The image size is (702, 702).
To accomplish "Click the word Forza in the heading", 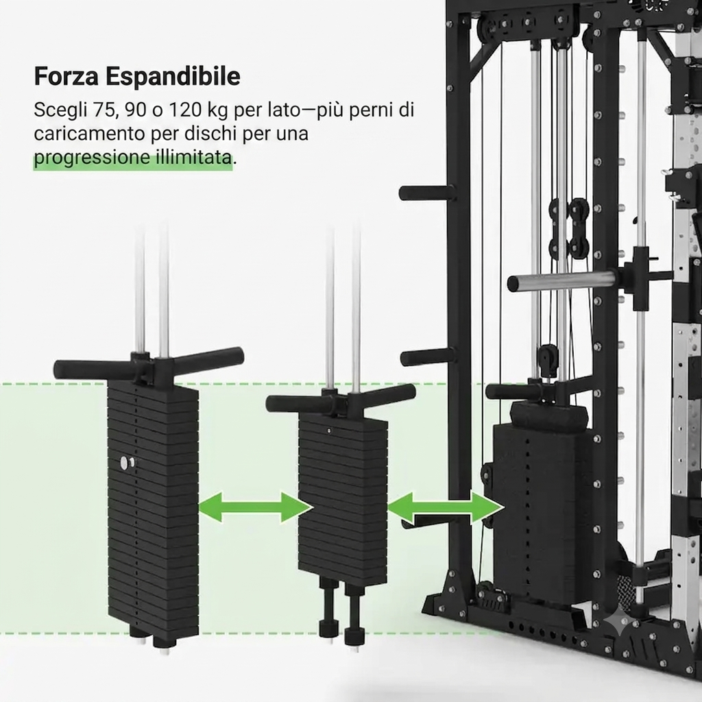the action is (66, 76).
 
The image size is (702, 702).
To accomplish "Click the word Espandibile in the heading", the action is (173, 77).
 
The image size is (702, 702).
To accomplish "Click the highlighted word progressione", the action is (92, 158).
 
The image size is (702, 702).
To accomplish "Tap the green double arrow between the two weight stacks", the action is (255, 507).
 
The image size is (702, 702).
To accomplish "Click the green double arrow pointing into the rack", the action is (446, 508).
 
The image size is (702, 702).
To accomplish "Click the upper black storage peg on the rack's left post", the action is (427, 193).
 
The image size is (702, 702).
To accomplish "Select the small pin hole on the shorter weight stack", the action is (330, 431).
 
